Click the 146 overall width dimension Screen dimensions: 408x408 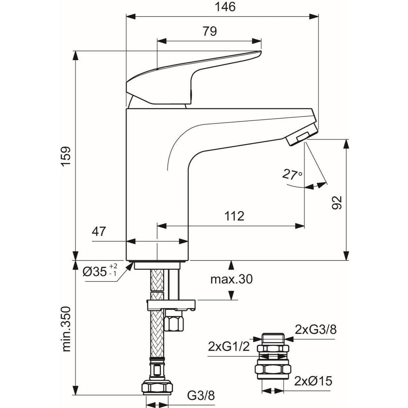pyautogui.click(x=226, y=7)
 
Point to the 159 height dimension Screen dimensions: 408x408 pyautogui.click(x=65, y=156)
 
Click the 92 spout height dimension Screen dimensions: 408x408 pyautogui.click(x=336, y=202)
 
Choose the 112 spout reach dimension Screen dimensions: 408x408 pyautogui.click(x=234, y=216)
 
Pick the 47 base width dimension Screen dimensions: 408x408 pyautogui.click(x=99, y=231)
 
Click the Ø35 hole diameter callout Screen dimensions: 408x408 pyautogui.click(x=100, y=271)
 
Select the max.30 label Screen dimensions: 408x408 pyautogui.click(x=231, y=279)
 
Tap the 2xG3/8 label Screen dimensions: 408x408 pyautogui.click(x=315, y=330)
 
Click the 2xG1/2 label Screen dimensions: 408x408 pyautogui.click(x=229, y=346)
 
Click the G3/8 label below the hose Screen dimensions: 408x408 pyautogui.click(x=201, y=396)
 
